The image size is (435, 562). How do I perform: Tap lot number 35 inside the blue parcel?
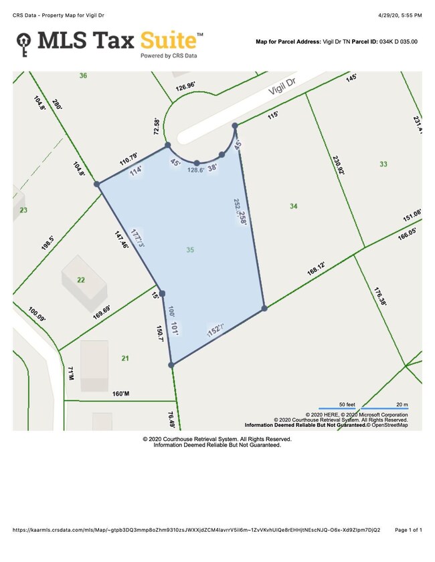point(191,249)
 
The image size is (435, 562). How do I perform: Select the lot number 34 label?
point(293,206)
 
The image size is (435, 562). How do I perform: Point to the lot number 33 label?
point(383,164)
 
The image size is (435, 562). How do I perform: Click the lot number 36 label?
point(83,76)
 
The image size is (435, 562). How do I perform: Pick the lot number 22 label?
point(81,280)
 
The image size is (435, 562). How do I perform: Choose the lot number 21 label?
point(124,359)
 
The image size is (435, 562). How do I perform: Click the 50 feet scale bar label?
point(346,405)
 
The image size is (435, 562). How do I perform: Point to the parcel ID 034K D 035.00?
point(394,41)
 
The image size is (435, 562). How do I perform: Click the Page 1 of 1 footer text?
point(408,530)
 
